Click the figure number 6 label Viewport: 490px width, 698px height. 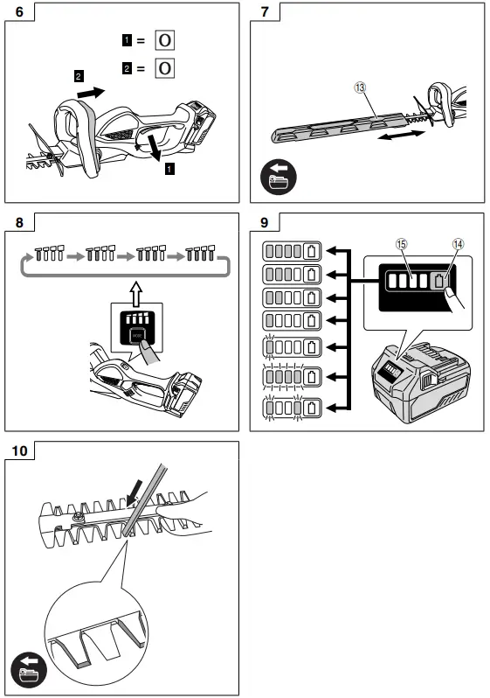17,13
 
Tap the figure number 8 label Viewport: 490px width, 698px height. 17,223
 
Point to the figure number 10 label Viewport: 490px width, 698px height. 19,451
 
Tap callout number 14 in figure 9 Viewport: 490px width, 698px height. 456,246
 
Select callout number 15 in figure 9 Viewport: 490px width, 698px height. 401,246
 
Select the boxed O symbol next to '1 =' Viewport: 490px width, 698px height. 163,40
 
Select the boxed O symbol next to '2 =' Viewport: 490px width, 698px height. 163,68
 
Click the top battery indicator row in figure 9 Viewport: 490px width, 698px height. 293,252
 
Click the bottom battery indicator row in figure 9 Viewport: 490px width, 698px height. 293,407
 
